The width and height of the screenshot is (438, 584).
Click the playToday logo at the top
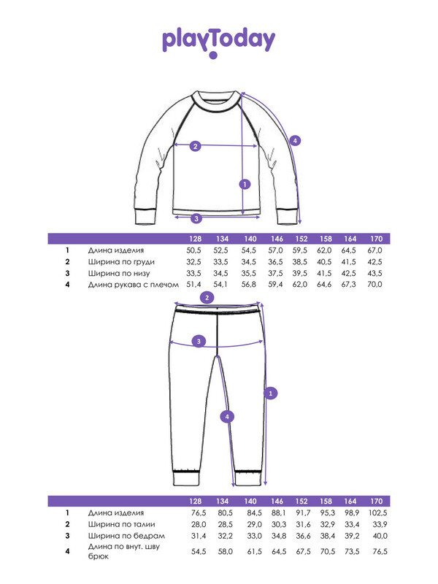[x=218, y=41]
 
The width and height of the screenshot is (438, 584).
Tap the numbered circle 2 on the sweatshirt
[x=196, y=146]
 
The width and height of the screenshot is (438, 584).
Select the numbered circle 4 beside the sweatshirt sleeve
[x=295, y=140]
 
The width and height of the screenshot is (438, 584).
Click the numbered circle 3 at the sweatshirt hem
[x=196, y=218]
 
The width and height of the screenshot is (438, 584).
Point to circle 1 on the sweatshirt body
[x=245, y=184]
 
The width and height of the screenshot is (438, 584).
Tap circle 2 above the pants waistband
[x=207, y=297]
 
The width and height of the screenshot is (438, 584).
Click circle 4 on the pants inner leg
[x=227, y=416]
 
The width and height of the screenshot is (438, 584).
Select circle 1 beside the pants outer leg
[x=270, y=393]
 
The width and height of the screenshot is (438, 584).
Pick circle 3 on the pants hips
[x=199, y=341]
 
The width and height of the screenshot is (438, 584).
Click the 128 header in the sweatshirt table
[x=195, y=239]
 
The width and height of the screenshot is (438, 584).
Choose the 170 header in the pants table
[x=376, y=502]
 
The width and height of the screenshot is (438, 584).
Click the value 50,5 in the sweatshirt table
[x=193, y=250]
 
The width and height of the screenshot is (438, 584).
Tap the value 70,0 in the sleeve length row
[x=374, y=284]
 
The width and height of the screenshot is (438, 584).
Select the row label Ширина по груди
[x=121, y=262]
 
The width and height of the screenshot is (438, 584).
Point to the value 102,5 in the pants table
[x=377, y=513]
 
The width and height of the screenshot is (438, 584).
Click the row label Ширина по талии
[x=121, y=524]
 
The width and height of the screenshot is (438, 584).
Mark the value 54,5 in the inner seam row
[x=199, y=551]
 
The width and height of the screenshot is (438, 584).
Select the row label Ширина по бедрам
[x=126, y=536]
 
